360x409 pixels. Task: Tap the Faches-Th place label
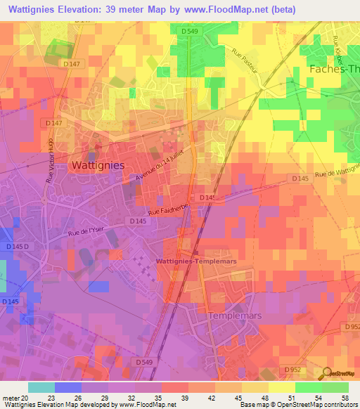(334, 69)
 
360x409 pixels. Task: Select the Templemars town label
(235, 316)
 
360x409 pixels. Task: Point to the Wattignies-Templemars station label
(195, 261)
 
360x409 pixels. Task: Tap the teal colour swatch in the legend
(41, 387)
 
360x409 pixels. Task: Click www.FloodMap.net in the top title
(223, 10)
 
